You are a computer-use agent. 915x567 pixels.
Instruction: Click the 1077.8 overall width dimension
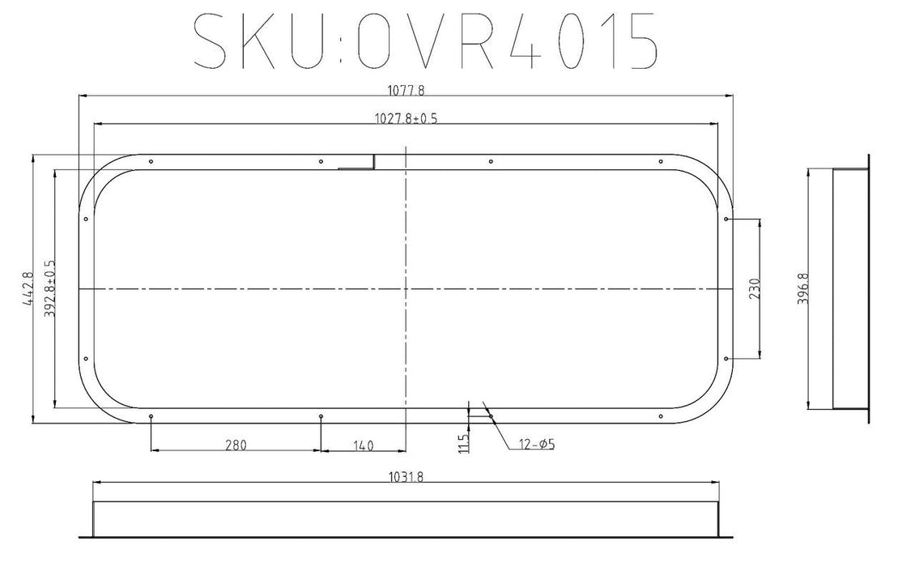click(406, 89)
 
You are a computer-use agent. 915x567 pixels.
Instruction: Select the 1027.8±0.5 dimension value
click(406, 118)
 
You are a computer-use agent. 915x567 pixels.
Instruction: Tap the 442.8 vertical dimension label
click(28, 288)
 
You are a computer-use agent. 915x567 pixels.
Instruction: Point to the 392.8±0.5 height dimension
click(49, 288)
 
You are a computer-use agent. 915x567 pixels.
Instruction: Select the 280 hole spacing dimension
click(236, 444)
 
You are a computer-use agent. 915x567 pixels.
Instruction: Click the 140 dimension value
click(363, 444)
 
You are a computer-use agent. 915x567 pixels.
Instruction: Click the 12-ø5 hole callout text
click(533, 444)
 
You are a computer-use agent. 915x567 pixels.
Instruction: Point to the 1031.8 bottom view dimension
click(406, 476)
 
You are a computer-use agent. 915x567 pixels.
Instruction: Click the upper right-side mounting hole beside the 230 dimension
click(726, 219)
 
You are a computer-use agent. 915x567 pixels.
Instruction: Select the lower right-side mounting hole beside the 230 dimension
click(726, 358)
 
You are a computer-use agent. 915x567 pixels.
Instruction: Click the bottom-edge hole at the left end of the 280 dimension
click(151, 416)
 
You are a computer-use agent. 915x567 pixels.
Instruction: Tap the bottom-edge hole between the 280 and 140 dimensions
click(321, 416)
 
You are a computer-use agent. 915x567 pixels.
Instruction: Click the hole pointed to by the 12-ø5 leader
click(492, 416)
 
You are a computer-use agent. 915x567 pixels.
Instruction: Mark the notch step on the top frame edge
click(372, 162)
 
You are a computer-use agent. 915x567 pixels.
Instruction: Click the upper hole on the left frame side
click(86, 219)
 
